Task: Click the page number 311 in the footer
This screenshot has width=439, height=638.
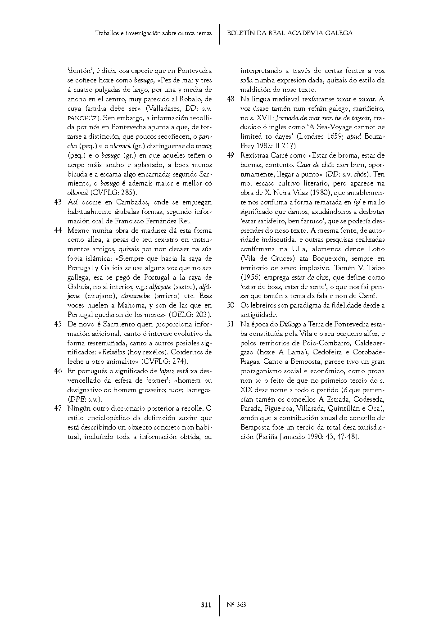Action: [206, 605]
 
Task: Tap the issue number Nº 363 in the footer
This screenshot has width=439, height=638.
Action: [236, 605]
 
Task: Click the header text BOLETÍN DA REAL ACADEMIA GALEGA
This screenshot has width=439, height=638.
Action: [290, 33]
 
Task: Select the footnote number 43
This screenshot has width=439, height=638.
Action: [58, 202]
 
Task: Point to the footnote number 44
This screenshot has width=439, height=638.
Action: [58, 231]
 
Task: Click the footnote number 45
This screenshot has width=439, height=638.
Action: [58, 324]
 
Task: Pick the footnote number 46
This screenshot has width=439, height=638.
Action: [58, 371]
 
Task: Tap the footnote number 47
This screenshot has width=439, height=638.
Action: [58, 408]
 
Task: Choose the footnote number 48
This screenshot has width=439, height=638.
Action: [231, 99]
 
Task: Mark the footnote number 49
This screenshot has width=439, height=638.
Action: [231, 155]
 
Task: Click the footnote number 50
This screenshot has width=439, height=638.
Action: [231, 305]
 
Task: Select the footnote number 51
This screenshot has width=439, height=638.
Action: [231, 324]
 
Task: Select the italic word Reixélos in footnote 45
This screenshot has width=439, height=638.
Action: [113, 352]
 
